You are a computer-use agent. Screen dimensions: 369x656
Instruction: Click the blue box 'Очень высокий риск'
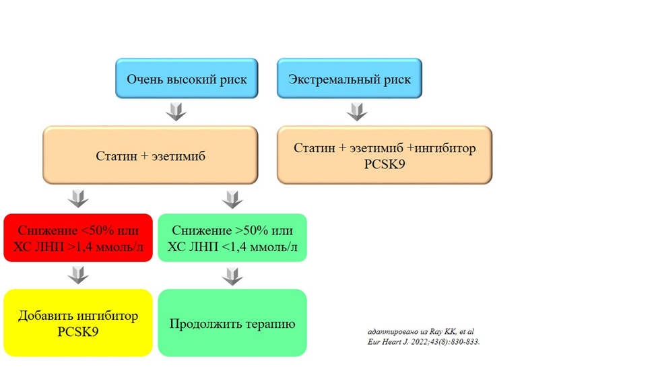tap(187, 79)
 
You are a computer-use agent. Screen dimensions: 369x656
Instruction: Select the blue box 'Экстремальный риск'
tap(350, 79)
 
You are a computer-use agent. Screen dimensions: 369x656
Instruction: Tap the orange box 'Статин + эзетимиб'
tap(150, 156)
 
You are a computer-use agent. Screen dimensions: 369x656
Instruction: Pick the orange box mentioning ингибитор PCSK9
tap(385, 155)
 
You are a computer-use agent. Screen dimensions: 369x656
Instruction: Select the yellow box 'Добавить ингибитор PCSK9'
tap(78, 323)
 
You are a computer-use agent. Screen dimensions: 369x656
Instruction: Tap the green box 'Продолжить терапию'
tap(232, 323)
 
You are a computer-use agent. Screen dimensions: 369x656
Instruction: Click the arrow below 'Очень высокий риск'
tap(176, 111)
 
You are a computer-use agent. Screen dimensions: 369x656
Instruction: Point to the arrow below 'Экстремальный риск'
tap(356, 111)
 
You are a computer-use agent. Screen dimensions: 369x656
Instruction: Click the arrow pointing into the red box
tap(79, 199)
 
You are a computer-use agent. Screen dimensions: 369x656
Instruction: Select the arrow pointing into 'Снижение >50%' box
tap(232, 199)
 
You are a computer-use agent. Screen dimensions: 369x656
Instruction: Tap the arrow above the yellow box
tap(79, 275)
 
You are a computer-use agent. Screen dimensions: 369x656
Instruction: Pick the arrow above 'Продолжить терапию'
tap(232, 276)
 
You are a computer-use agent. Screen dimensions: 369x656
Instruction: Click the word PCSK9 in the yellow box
tap(78, 331)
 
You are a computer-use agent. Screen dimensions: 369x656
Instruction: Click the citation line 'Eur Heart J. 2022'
tap(424, 341)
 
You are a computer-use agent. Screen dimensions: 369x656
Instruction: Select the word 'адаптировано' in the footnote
tap(389, 332)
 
